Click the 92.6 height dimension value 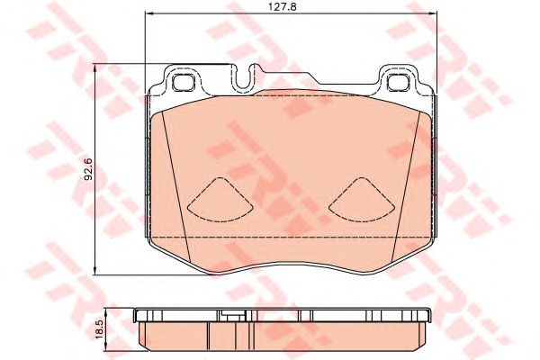tap(88, 169)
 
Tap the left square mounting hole tap(183, 82)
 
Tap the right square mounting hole tap(398, 82)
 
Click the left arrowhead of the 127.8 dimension tap(148, 13)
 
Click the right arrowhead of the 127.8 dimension tap(434, 13)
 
